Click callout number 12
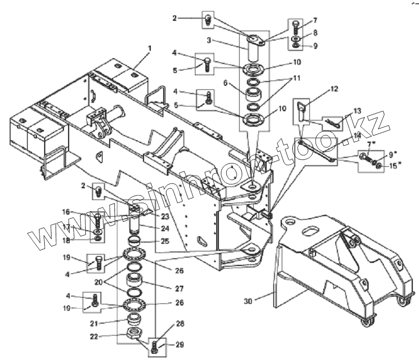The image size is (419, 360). tap(334, 89)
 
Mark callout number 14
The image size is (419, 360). tap(357, 136)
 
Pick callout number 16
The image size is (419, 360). tap(66, 211)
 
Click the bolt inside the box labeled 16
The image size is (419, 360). tap(98, 220)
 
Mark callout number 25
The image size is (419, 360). tap(165, 242)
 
